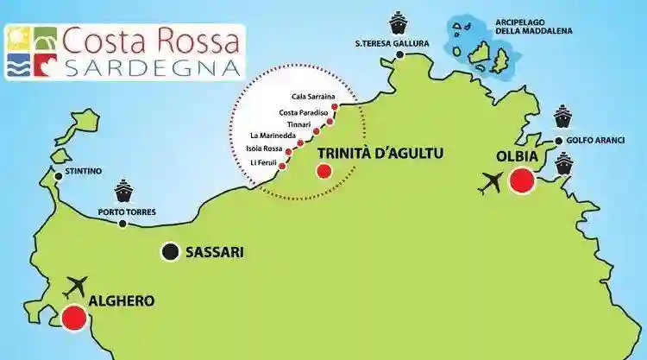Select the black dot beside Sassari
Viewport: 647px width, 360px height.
(170, 252)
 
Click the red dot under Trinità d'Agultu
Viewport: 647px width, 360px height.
(323, 171)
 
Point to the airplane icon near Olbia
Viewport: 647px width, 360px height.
(493, 183)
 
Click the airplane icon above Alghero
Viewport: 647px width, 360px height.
(77, 284)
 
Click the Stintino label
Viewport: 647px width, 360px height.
(83, 172)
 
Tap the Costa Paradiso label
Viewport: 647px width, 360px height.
(302, 111)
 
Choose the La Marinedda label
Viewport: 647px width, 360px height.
(273, 136)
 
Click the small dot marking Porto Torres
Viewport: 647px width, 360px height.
(122, 224)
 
